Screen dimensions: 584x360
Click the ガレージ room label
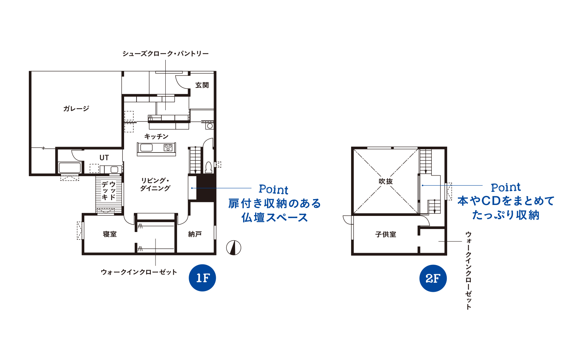coord(76,108)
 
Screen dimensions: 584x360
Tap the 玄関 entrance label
coord(202,85)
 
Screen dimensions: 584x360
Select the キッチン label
coord(157,136)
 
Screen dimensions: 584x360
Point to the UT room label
coord(104,158)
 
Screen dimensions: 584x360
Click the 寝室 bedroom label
coord(110,234)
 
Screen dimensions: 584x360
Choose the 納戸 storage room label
coord(195,234)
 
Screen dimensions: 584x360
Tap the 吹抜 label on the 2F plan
coord(385,181)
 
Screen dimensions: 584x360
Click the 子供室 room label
coord(385,234)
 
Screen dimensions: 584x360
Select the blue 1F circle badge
coord(202,278)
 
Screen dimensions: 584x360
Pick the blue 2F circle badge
coord(433,278)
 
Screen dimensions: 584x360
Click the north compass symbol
coord(234,248)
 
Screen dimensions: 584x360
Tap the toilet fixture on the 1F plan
coord(208,167)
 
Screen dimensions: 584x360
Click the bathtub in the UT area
coord(70,168)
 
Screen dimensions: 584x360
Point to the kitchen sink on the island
coord(146,148)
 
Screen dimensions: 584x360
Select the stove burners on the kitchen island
coord(168,148)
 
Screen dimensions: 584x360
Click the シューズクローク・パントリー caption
coord(166,54)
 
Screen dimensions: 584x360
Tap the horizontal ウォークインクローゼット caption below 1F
coord(139,272)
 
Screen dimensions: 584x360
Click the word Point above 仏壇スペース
coord(273,189)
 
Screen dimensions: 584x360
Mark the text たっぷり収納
coord(506,215)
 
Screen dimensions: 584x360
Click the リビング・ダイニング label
coord(155,184)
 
